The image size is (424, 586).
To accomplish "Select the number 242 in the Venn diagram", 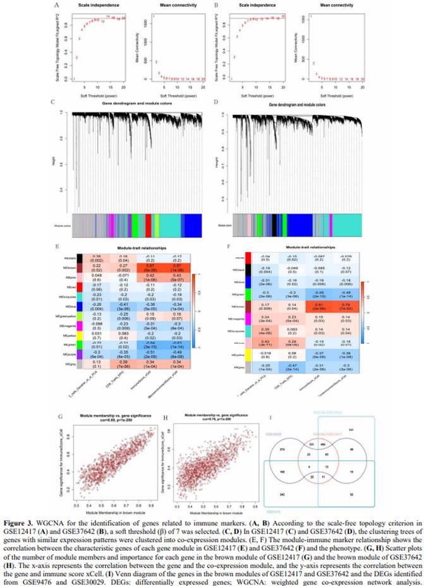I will [282, 494].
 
